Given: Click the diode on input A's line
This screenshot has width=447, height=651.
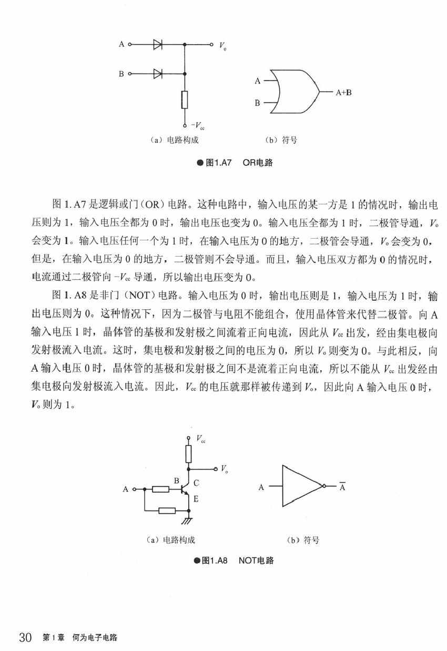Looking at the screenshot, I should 157,45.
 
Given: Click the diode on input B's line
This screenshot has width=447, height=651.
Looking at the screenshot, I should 157,74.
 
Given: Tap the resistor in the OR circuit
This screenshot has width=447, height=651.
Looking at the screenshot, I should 185,99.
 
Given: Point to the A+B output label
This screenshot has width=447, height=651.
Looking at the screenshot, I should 344,92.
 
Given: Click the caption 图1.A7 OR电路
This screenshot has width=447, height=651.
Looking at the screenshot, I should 235,163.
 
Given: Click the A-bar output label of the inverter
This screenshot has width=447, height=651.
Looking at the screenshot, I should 342,487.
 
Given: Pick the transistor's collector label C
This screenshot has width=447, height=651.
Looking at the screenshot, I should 196,483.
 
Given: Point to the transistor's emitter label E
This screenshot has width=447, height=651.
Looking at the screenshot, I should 196,499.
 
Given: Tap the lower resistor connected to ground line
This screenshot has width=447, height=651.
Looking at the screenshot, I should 166,510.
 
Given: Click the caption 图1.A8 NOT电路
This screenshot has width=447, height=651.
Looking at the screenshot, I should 235,561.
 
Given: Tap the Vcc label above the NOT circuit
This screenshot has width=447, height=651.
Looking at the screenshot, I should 201,438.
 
